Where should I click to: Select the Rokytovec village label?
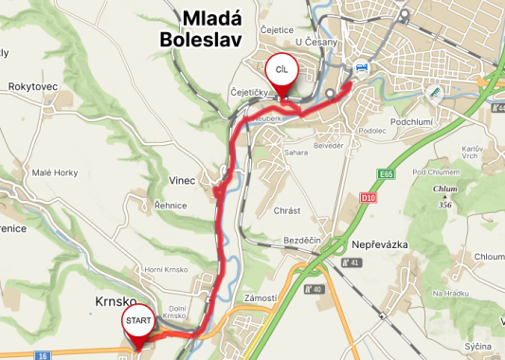[x=33, y=86]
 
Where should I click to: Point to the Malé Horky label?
[x=54, y=171]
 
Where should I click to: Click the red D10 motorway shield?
[x=369, y=197]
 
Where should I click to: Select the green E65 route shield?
[x=386, y=175]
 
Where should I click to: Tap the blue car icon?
[x=361, y=68]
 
